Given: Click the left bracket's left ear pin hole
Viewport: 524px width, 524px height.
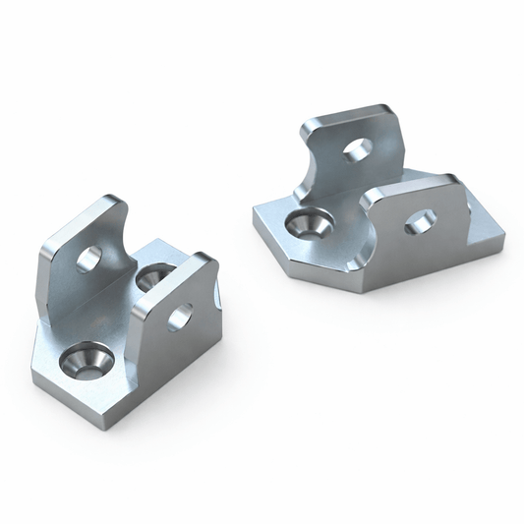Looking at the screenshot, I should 88,260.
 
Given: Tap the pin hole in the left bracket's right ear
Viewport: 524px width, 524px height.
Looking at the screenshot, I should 180,317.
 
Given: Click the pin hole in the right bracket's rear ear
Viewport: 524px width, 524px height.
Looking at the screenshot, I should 358,149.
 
